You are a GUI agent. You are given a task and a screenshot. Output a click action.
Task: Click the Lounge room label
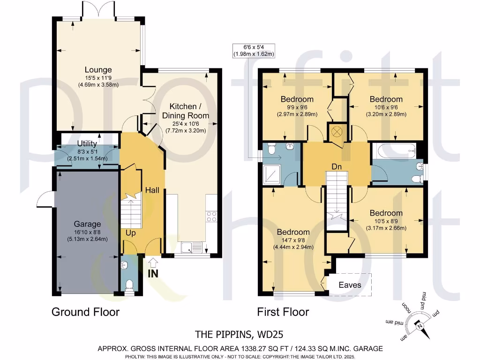click(x=98, y=70)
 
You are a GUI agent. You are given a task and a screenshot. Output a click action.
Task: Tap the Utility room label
click(x=87, y=143)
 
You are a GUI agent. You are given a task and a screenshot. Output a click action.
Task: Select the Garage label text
click(x=87, y=224)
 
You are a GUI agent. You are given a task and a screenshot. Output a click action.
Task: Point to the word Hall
click(x=152, y=190)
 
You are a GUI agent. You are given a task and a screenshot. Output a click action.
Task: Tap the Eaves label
click(x=350, y=285)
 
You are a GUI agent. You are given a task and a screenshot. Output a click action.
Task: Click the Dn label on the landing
click(x=337, y=167)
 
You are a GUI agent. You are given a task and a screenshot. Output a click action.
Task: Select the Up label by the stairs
click(x=130, y=233)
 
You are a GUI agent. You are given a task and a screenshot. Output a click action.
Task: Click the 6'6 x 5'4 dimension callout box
click(x=254, y=51)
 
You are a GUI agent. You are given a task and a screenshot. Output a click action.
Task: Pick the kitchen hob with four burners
click(x=211, y=217)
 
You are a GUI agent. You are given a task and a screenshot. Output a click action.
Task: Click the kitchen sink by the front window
click(x=192, y=247)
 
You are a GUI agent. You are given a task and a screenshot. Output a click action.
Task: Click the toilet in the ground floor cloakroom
click(x=129, y=285)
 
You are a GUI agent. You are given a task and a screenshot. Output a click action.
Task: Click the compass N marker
click(x=420, y=326)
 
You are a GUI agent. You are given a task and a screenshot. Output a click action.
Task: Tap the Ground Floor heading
click(x=85, y=312)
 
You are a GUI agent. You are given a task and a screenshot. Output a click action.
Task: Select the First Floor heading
click(x=283, y=312)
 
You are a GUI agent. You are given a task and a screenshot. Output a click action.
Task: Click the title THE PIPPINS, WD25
click(x=239, y=334)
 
